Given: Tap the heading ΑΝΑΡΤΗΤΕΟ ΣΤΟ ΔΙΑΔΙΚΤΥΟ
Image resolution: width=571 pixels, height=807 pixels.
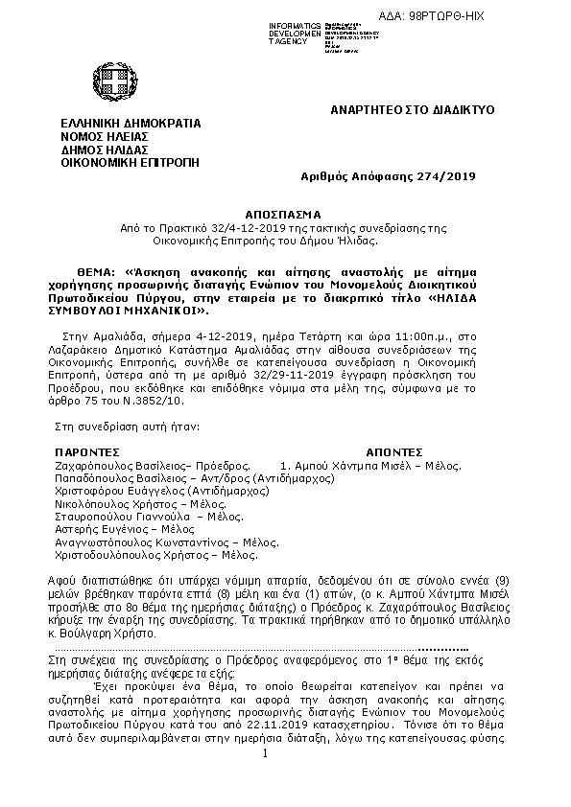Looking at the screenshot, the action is point(413,110).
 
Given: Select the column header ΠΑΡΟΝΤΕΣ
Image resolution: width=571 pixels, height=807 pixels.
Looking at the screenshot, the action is point(86,450).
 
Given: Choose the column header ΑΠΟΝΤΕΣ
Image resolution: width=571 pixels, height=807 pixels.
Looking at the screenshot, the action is point(394,450).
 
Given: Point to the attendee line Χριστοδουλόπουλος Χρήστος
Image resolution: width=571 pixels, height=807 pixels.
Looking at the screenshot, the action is point(143,554).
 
